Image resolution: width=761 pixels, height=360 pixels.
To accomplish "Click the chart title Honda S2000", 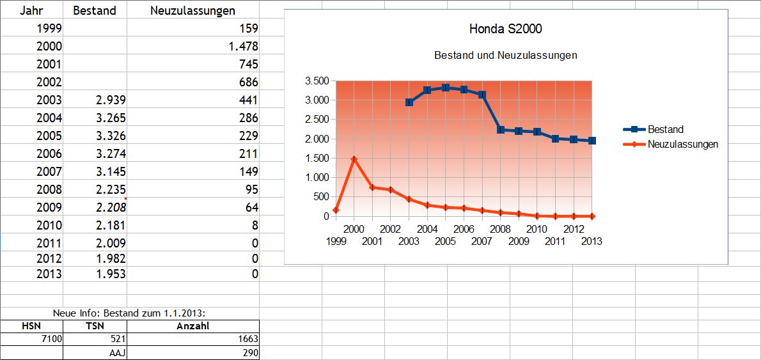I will click(x=506, y=29).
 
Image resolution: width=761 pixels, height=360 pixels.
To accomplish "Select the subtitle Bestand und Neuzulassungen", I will click(x=505, y=55).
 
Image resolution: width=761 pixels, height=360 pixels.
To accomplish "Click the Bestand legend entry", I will click(x=665, y=129).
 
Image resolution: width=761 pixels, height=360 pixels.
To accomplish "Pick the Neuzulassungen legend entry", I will click(x=682, y=144).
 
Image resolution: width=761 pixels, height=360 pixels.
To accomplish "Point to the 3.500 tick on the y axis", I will click(x=317, y=81).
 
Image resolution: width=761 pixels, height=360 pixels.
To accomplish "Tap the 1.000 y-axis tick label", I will click(x=317, y=177).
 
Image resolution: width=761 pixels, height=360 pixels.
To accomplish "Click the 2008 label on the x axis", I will click(x=500, y=229).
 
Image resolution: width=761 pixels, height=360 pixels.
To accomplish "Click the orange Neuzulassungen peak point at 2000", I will click(x=354, y=159).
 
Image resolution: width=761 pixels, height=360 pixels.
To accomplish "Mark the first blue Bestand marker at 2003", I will click(x=409, y=102).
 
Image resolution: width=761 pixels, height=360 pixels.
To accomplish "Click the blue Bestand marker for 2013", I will click(x=592, y=141).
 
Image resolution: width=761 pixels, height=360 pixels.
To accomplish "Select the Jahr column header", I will click(x=31, y=10).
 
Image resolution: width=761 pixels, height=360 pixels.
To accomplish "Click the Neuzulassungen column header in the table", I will click(x=192, y=10).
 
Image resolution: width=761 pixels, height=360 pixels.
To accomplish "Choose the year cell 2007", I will click(x=49, y=171).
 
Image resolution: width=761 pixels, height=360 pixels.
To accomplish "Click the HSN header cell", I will click(x=31, y=326).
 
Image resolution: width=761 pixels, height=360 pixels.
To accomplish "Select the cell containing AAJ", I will click(x=117, y=353).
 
